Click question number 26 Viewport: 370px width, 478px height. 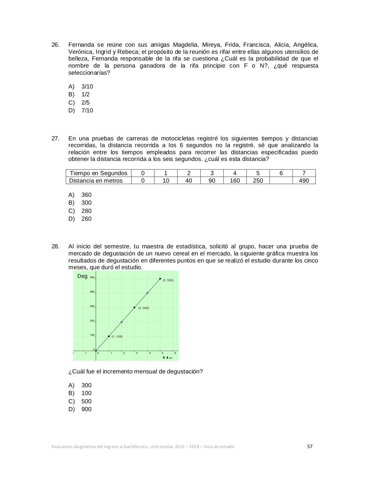click(55, 45)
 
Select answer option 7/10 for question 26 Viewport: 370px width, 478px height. click(87, 111)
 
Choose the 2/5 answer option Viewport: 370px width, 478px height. click(85, 103)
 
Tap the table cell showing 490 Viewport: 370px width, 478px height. click(304, 181)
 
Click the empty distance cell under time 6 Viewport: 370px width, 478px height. click(281, 181)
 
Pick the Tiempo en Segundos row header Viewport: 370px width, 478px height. click(99, 173)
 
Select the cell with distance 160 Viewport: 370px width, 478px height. click(235, 181)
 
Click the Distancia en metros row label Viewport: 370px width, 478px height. click(96, 181)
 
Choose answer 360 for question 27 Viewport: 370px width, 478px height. click(86, 195)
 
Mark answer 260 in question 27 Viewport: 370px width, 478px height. click(86, 219)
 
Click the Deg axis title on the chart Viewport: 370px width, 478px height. click(82, 276)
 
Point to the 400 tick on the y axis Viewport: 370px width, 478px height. click(92, 292)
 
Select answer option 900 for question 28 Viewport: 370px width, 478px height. click(86, 409)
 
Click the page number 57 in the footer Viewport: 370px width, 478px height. click(309, 446)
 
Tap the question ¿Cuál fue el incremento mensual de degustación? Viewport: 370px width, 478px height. click(135, 372)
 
